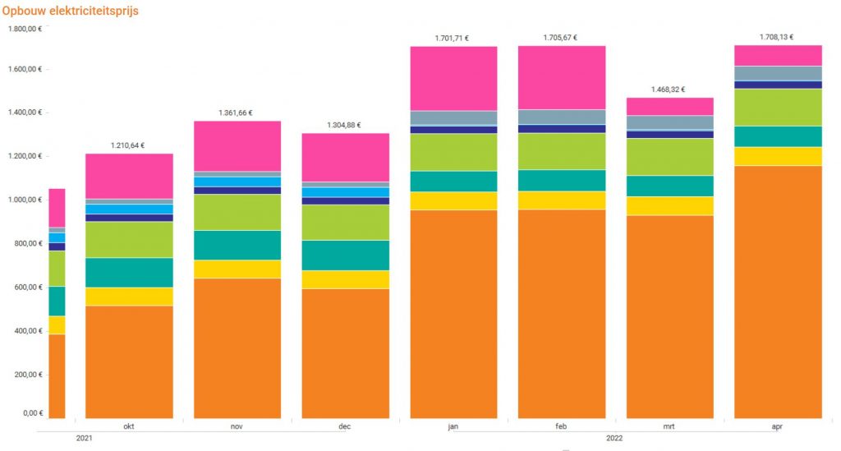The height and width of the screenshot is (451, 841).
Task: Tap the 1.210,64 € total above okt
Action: pyautogui.click(x=128, y=145)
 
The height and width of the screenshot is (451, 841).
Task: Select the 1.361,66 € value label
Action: pyautogui.click(x=237, y=113)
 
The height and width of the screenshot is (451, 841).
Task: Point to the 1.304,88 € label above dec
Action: pyautogui.click(x=345, y=125)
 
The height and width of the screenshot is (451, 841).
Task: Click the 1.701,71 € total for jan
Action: pyautogui.click(x=453, y=38)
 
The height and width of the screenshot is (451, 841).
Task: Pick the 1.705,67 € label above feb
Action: pyautogui.click(x=561, y=38)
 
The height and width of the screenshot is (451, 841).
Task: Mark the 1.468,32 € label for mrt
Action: pyautogui.click(x=669, y=90)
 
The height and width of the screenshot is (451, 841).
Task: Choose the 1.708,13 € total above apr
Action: pyautogui.click(x=777, y=37)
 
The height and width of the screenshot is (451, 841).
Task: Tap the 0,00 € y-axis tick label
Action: pyautogui.click(x=31, y=413)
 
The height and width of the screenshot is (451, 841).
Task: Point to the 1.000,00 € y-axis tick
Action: pyautogui.click(x=25, y=200)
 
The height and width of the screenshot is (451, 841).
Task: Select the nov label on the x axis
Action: pyautogui.click(x=237, y=427)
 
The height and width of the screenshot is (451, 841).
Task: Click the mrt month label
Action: pyautogui.click(x=669, y=427)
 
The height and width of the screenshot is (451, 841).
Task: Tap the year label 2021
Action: pyautogui.click(x=85, y=438)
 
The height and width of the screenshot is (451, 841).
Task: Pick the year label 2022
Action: pyautogui.click(x=614, y=438)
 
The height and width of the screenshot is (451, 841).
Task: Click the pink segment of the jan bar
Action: pyautogui.click(x=453, y=78)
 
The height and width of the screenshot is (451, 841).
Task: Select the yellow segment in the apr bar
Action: pyautogui.click(x=778, y=156)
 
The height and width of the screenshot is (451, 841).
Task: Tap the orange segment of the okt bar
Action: pyautogui.click(x=129, y=361)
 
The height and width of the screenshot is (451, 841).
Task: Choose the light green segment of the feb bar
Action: pyautogui.click(x=561, y=151)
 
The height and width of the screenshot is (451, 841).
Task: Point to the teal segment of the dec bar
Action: pyautogui.click(x=345, y=255)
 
